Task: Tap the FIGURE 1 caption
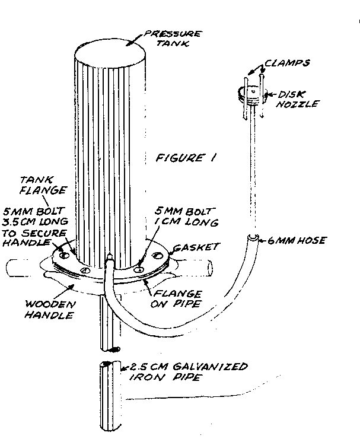click(186, 158)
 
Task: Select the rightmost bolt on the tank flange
click(157, 256)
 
